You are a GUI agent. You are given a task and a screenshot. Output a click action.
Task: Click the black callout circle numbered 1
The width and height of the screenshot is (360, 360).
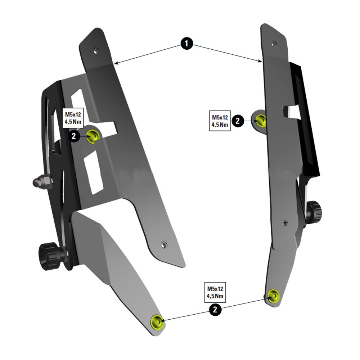186,44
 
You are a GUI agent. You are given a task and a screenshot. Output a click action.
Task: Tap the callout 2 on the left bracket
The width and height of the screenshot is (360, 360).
74,136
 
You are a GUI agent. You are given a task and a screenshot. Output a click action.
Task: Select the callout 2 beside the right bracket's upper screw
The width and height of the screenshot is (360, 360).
238,121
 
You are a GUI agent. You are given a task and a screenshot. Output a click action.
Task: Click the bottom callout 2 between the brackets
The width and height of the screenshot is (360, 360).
215,310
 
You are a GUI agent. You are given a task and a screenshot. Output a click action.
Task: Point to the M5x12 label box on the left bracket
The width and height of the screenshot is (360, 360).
73,118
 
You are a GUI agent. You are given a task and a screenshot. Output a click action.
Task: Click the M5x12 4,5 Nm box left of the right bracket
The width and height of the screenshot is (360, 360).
220,121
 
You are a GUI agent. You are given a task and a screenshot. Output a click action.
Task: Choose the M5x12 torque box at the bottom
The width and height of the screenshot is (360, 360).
215,292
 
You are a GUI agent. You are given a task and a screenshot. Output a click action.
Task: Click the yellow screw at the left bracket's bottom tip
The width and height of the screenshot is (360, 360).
157,321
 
